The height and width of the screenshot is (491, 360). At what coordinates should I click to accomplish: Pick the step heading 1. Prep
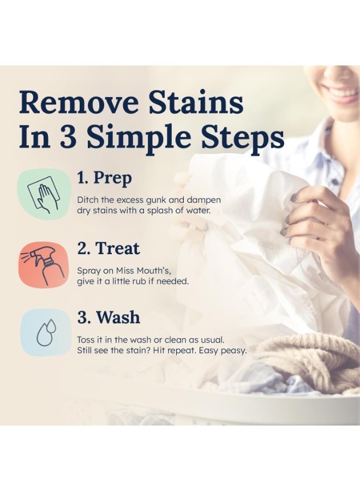click(x=104, y=178)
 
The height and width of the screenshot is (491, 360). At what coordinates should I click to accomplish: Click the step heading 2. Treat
click(x=109, y=248)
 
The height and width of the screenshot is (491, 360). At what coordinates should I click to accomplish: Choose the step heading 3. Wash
click(x=109, y=317)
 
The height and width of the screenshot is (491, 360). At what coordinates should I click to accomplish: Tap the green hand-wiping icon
click(x=44, y=194)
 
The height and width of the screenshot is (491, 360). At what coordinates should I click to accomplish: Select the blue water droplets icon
click(x=46, y=332)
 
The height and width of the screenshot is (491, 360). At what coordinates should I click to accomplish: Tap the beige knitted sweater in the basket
click(x=308, y=360)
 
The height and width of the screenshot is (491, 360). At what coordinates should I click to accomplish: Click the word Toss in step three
click(x=86, y=340)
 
